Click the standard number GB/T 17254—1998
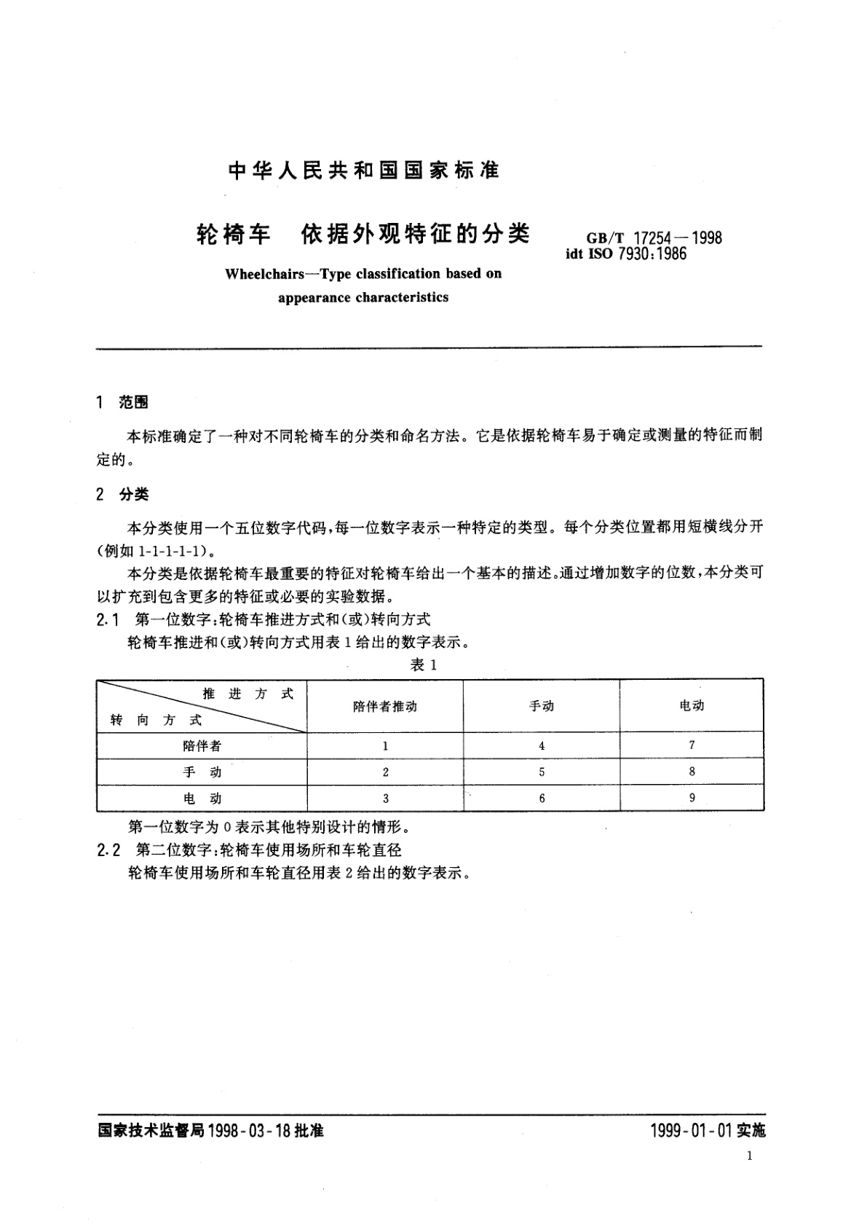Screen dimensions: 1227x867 [654, 238]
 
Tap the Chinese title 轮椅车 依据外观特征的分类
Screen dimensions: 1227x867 [363, 234]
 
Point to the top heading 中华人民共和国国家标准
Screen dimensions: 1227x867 [363, 170]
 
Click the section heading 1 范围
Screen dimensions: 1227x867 [122, 402]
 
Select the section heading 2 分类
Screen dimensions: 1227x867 [122, 495]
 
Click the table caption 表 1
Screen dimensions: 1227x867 [423, 665]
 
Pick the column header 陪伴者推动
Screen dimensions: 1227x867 [385, 706]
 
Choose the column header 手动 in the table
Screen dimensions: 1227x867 [542, 706]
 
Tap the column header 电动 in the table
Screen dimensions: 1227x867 [692, 705]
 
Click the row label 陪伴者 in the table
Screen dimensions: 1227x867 [202, 745]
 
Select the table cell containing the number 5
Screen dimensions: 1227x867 [542, 772]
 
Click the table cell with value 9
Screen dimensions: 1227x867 [692, 798]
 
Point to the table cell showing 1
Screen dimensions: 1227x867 [385, 745]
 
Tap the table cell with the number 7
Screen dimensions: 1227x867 [692, 745]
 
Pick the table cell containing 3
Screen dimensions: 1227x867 [385, 799]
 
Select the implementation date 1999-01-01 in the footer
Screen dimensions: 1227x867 [690, 1131]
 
